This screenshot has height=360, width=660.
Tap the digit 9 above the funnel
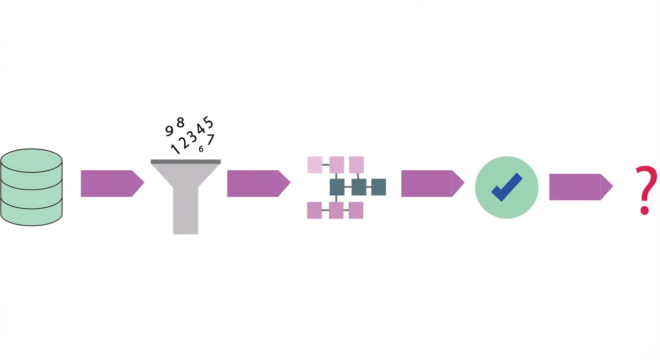[x=170, y=131]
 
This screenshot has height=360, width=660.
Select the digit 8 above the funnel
[x=180, y=122]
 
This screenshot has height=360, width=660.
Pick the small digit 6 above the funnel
[x=201, y=149]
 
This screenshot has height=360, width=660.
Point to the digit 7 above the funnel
[x=210, y=140]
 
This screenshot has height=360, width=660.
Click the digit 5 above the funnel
[x=209, y=123]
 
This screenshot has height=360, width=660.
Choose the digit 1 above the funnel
[x=175, y=149]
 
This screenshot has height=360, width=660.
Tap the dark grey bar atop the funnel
[x=186, y=162]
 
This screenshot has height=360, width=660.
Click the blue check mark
[x=507, y=187]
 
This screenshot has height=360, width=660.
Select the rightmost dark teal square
[x=378, y=187]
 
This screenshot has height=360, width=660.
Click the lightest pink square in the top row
[x=315, y=165]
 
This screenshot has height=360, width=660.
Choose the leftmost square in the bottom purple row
[x=314, y=210]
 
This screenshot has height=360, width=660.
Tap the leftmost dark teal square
[x=337, y=187]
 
